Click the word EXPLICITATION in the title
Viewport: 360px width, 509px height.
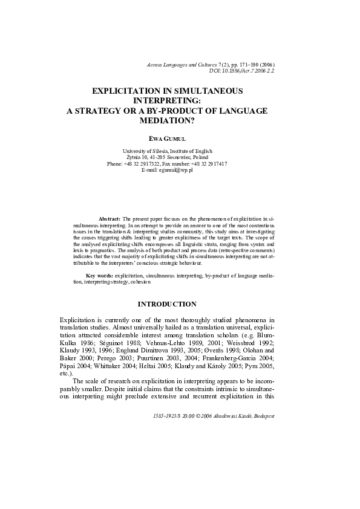click(x=127, y=91)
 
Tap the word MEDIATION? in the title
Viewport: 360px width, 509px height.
click(x=166, y=120)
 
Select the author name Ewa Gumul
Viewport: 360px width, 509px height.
click(x=166, y=138)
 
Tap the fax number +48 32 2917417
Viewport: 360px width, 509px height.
click(x=211, y=164)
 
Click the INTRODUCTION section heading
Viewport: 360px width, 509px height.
click(x=167, y=303)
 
